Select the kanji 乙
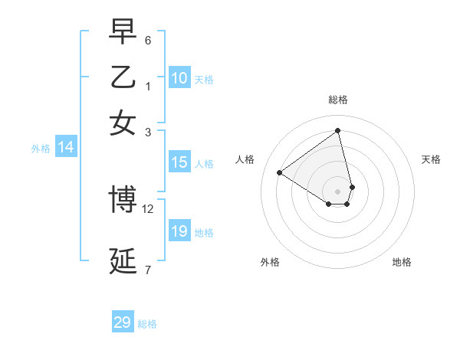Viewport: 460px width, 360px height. (123, 77)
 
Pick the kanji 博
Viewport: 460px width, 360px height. (123, 199)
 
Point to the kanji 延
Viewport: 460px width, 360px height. (123, 260)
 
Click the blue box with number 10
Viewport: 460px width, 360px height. (179, 78)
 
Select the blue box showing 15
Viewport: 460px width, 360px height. (179, 162)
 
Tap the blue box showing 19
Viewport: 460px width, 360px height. (179, 231)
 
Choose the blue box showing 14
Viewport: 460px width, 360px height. (65, 148)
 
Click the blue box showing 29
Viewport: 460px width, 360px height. (123, 322)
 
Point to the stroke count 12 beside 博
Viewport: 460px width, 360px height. (148, 208)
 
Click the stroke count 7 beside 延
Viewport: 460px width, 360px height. (148, 270)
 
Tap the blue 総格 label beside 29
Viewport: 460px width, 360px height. (148, 324)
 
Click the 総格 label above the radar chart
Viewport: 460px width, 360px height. (338, 100)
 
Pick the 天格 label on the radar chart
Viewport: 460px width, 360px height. (431, 159)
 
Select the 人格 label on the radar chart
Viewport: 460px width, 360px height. (245, 159)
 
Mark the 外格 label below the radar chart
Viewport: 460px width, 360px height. (270, 262)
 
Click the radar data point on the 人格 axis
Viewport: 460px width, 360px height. (280, 172)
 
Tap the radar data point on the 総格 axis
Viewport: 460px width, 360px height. (338, 131)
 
